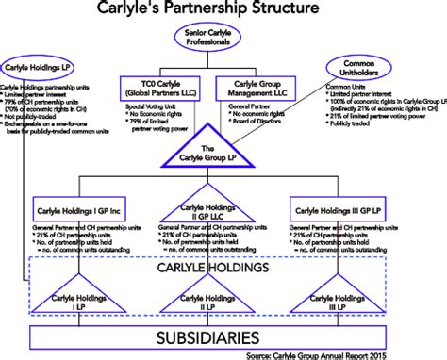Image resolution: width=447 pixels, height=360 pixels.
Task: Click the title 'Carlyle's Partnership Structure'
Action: click(223, 10)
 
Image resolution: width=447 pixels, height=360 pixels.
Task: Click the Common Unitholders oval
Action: click(376, 69)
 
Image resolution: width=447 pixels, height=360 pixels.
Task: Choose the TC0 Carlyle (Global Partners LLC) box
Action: click(157, 90)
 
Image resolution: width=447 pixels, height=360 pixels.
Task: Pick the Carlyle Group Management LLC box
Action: click(257, 90)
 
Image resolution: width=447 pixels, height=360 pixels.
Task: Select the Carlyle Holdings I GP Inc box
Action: click(83, 208)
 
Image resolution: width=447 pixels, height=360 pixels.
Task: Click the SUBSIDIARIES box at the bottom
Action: click(223, 336)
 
